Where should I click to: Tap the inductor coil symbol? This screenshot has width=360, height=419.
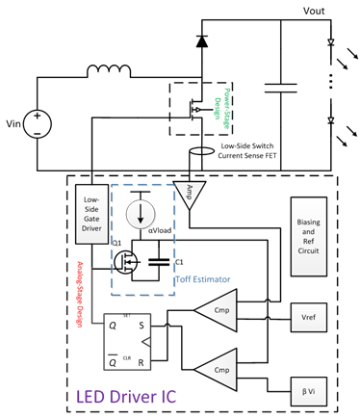(x=109, y=70)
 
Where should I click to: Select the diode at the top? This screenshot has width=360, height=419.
(x=201, y=40)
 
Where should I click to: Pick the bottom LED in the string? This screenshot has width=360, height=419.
(x=332, y=123)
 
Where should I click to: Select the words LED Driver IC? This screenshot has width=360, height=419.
(x=134, y=396)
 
